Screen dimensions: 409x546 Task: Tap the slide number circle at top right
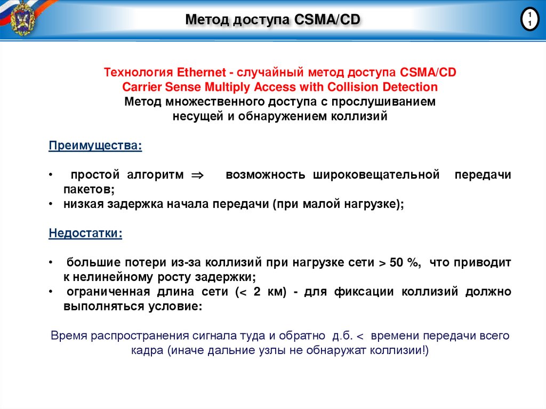[529, 20]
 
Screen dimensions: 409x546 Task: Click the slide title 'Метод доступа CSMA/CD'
[272, 20]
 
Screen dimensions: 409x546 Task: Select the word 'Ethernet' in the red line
[198, 72]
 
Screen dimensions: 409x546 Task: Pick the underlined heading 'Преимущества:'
[95, 146]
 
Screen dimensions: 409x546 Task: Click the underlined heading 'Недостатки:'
[85, 234]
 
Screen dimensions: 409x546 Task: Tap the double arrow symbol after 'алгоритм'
[197, 175]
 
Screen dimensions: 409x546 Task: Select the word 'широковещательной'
[376, 175]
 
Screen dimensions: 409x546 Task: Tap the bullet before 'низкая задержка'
[50, 204]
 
